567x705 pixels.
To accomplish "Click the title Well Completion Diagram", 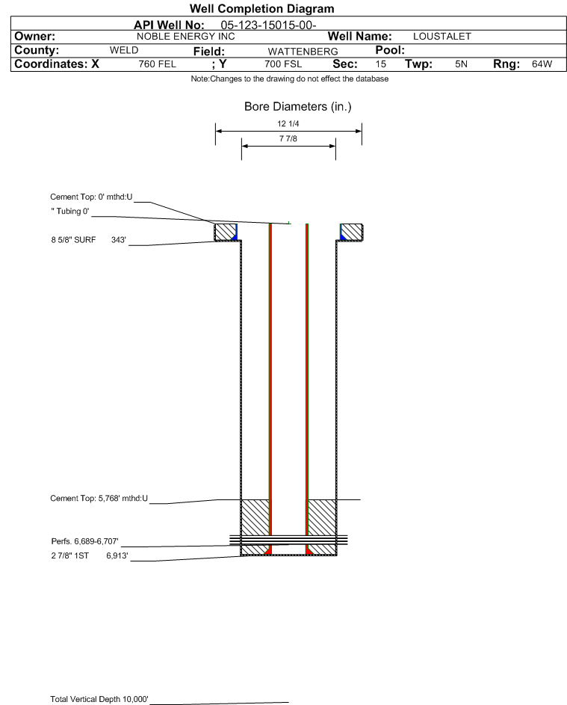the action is [262, 8].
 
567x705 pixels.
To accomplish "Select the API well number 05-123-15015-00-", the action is [268, 25].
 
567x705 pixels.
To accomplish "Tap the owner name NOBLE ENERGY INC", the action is [185, 37].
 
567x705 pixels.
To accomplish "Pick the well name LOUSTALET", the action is [442, 37].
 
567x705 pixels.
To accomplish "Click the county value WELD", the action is [124, 50].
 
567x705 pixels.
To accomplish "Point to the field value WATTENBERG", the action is [303, 52].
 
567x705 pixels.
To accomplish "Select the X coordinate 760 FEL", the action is [157, 64].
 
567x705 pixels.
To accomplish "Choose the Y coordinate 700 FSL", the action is [283, 64].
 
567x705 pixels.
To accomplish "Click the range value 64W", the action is [542, 64].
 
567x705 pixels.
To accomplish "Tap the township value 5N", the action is [461, 64].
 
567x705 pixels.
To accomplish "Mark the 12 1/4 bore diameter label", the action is [288, 123].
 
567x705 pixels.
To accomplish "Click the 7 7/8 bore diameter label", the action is [288, 138].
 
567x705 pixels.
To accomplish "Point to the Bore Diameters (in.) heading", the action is [298, 107].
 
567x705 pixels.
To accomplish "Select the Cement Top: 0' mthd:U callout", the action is [91, 197].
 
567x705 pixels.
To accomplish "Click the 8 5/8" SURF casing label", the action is [73, 240].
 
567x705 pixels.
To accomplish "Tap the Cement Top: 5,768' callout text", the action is [99, 498].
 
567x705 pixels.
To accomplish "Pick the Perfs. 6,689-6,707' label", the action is [84, 541].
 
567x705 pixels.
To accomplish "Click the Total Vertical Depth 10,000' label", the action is [99, 699].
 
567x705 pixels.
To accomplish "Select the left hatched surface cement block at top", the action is [225, 232].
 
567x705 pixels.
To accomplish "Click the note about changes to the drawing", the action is [289, 79].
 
